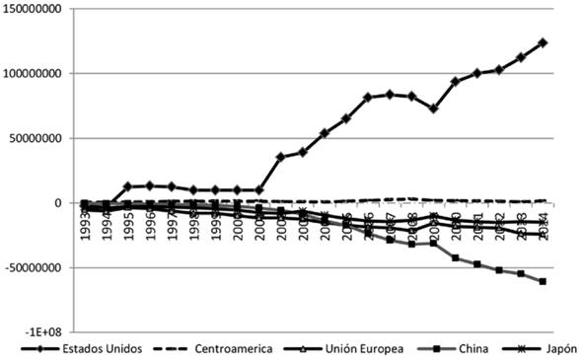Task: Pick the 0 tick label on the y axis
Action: tap(59, 202)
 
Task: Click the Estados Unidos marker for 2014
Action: tap(544, 42)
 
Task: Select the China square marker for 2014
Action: tap(544, 281)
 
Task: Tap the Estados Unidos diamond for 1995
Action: tap(127, 186)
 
